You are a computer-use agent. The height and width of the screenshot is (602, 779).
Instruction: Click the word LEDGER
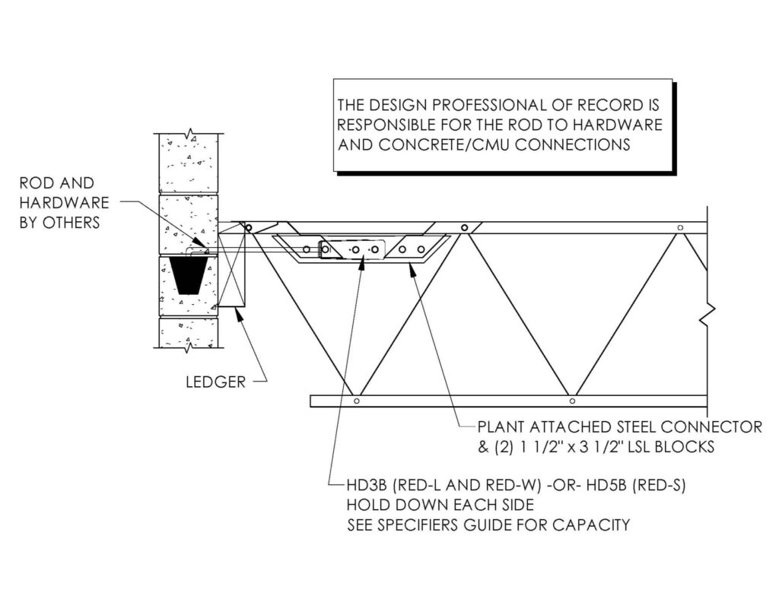[x=215, y=382]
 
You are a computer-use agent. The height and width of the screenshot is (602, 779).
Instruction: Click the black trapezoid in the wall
[x=189, y=274]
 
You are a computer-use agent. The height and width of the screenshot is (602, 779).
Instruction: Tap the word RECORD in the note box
[x=603, y=105]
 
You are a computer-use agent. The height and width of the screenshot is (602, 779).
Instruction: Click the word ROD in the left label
[x=33, y=183]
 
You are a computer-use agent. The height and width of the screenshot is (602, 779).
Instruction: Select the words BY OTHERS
[x=59, y=223]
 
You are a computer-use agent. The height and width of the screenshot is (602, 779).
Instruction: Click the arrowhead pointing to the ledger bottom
[x=240, y=314]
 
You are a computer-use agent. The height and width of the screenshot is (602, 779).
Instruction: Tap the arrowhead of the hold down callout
[x=362, y=263]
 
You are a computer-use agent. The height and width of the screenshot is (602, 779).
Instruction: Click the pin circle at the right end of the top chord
[x=680, y=228]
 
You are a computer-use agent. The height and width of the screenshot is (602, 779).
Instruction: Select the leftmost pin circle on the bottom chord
[x=356, y=401]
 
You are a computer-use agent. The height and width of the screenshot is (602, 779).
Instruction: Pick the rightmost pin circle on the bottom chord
[x=572, y=401]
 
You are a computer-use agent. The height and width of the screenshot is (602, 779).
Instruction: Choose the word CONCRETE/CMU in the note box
[x=444, y=144]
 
